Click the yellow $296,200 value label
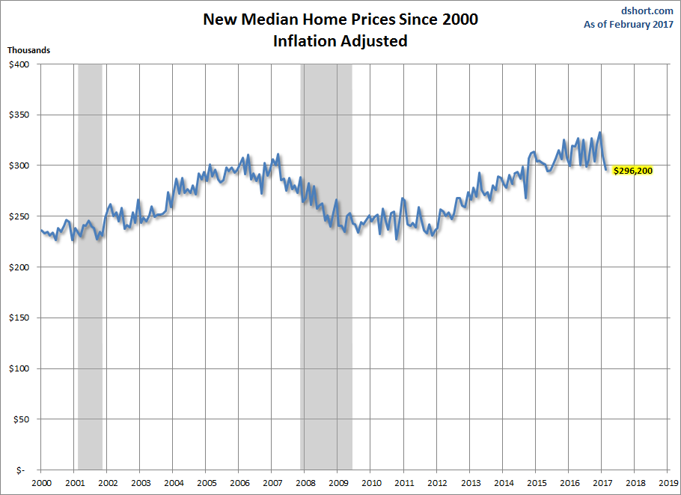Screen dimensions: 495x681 (632, 170)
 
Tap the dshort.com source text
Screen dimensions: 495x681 (648, 11)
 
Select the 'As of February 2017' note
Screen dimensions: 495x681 (629, 25)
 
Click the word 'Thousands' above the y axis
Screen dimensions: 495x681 (29, 50)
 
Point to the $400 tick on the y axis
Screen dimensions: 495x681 (19, 64)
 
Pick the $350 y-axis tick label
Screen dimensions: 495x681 (19, 115)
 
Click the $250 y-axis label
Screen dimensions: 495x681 (19, 216)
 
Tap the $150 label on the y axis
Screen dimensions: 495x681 (19, 318)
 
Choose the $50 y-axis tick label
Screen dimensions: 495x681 (20, 419)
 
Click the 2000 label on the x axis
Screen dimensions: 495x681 (40, 483)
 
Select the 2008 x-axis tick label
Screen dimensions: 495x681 (305, 483)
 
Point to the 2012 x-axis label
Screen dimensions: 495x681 (437, 483)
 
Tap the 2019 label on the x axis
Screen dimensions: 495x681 (668, 483)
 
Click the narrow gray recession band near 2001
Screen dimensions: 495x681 (90, 300)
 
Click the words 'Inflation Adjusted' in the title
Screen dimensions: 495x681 (340, 41)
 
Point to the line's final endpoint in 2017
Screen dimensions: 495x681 (607, 170)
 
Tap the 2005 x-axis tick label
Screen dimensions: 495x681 (206, 483)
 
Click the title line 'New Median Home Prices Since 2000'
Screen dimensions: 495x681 (340, 19)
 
